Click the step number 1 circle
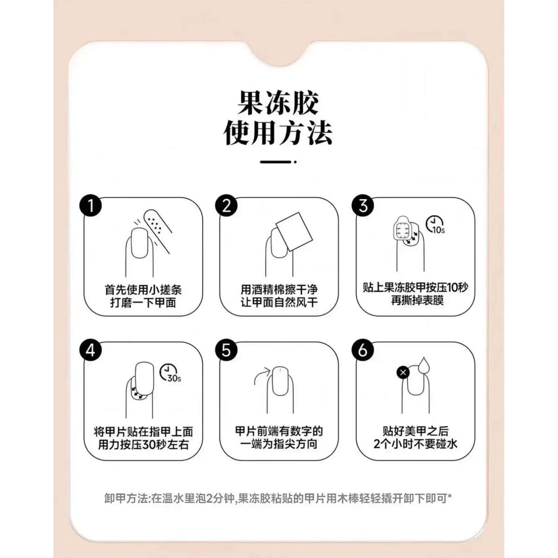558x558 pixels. point(90,205)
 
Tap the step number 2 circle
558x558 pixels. point(226,205)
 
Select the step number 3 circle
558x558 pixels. point(363,205)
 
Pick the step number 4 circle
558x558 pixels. point(90,350)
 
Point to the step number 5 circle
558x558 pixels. point(226,350)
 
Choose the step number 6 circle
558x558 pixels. point(363,350)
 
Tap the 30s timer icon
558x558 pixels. point(170,374)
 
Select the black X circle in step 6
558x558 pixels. point(403,372)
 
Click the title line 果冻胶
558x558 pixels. point(278,103)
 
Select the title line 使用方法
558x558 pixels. point(278,133)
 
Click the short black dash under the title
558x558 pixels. point(276,162)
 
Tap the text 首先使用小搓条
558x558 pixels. point(143,290)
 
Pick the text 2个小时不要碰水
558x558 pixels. point(415,444)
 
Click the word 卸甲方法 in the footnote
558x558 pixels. point(126,498)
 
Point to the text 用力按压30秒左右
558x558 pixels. point(143,445)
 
